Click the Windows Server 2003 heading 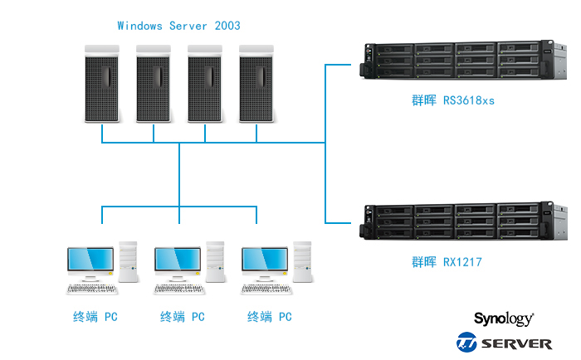pos(178,27)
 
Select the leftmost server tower pos(102,83)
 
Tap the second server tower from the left pos(154,83)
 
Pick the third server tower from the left pos(205,83)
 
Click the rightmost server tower pos(256,83)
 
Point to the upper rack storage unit pos(456,61)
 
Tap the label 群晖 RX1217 pos(447,262)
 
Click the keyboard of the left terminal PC pos(92,289)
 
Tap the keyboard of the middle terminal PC pos(180,289)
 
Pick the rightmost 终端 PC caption pos(270,317)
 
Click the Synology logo pos(504,319)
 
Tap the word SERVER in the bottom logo pos(516,343)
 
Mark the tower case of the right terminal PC pos(302,262)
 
